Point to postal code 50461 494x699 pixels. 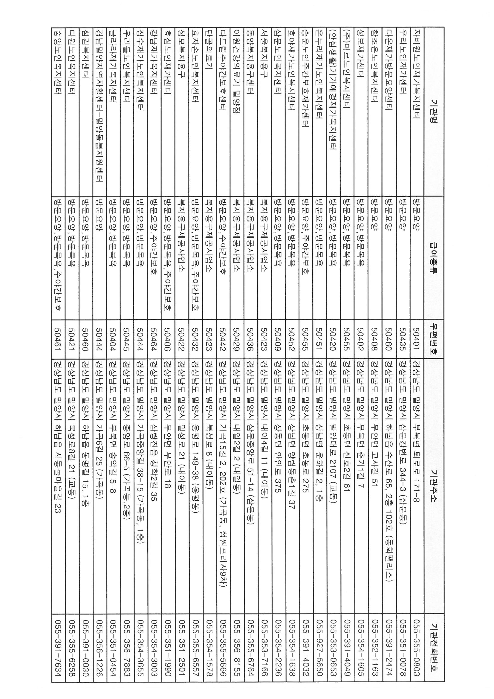coord(57,339)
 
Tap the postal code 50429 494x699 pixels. coord(237,339)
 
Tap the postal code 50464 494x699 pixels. coord(154,339)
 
